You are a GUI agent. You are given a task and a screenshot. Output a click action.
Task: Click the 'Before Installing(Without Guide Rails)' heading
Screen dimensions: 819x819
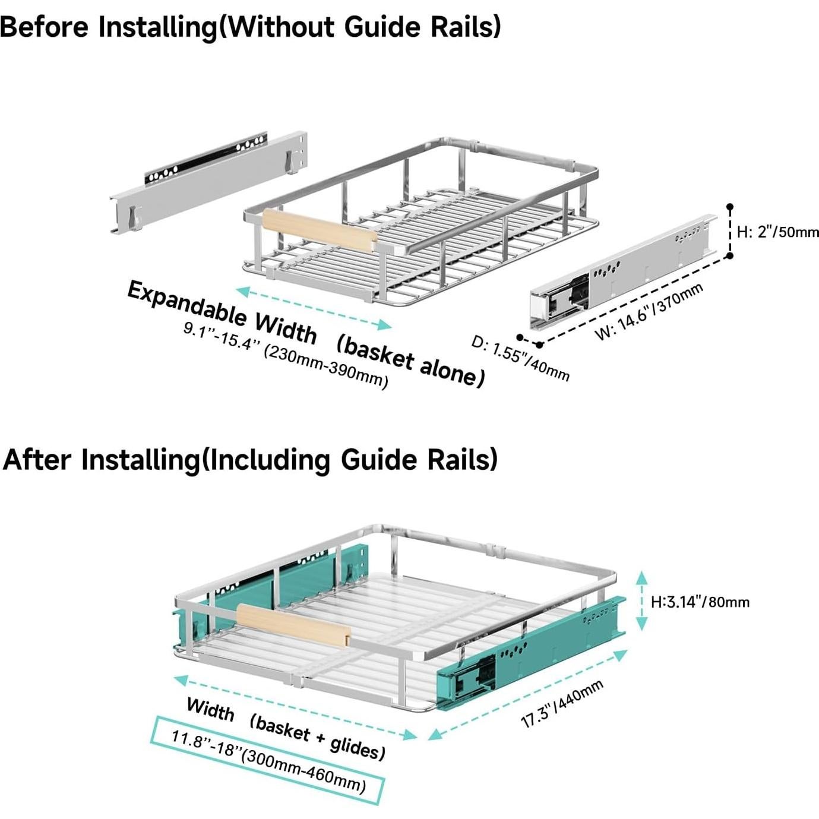pyautogui.click(x=250, y=27)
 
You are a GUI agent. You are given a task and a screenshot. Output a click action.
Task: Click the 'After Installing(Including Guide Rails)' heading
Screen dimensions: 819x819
pyautogui.click(x=250, y=460)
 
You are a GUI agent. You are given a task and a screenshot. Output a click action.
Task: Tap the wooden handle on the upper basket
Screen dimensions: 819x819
pyautogui.click(x=320, y=231)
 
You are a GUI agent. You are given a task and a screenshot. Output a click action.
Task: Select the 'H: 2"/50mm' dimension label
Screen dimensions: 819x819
pyautogui.click(x=777, y=232)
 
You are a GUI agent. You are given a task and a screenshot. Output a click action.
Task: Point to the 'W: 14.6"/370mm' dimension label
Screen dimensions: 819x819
pyautogui.click(x=649, y=312)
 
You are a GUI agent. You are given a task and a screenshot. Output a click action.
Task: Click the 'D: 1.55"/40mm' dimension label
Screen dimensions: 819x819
pyautogui.click(x=520, y=359)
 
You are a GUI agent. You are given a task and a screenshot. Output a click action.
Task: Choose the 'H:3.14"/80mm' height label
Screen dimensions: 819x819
pyautogui.click(x=700, y=602)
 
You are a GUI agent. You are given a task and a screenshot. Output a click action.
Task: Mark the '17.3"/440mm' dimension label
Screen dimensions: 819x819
pyautogui.click(x=562, y=704)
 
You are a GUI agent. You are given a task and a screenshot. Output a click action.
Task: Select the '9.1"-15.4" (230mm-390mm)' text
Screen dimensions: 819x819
pyautogui.click(x=286, y=355)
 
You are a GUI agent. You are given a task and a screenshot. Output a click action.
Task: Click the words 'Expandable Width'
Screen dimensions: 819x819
pyautogui.click(x=222, y=312)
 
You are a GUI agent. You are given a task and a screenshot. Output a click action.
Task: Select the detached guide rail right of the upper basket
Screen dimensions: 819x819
pyautogui.click(x=624, y=270)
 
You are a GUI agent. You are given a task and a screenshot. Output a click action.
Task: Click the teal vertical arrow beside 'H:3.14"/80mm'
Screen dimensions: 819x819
pyautogui.click(x=642, y=601)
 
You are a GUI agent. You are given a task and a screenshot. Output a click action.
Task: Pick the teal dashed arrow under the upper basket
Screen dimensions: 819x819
pyautogui.click(x=314, y=308)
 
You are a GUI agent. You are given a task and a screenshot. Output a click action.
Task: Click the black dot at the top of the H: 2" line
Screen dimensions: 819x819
pyautogui.click(x=730, y=207)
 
